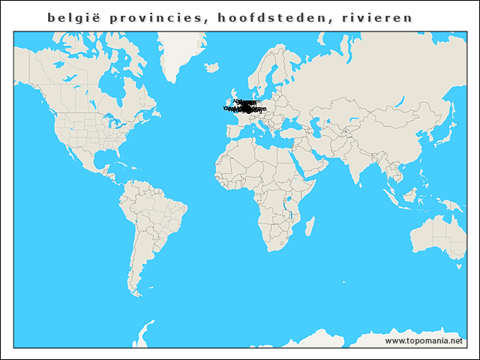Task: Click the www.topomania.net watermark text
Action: tap(424, 340)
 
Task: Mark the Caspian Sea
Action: tap(318, 124)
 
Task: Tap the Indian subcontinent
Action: tap(352, 161)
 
